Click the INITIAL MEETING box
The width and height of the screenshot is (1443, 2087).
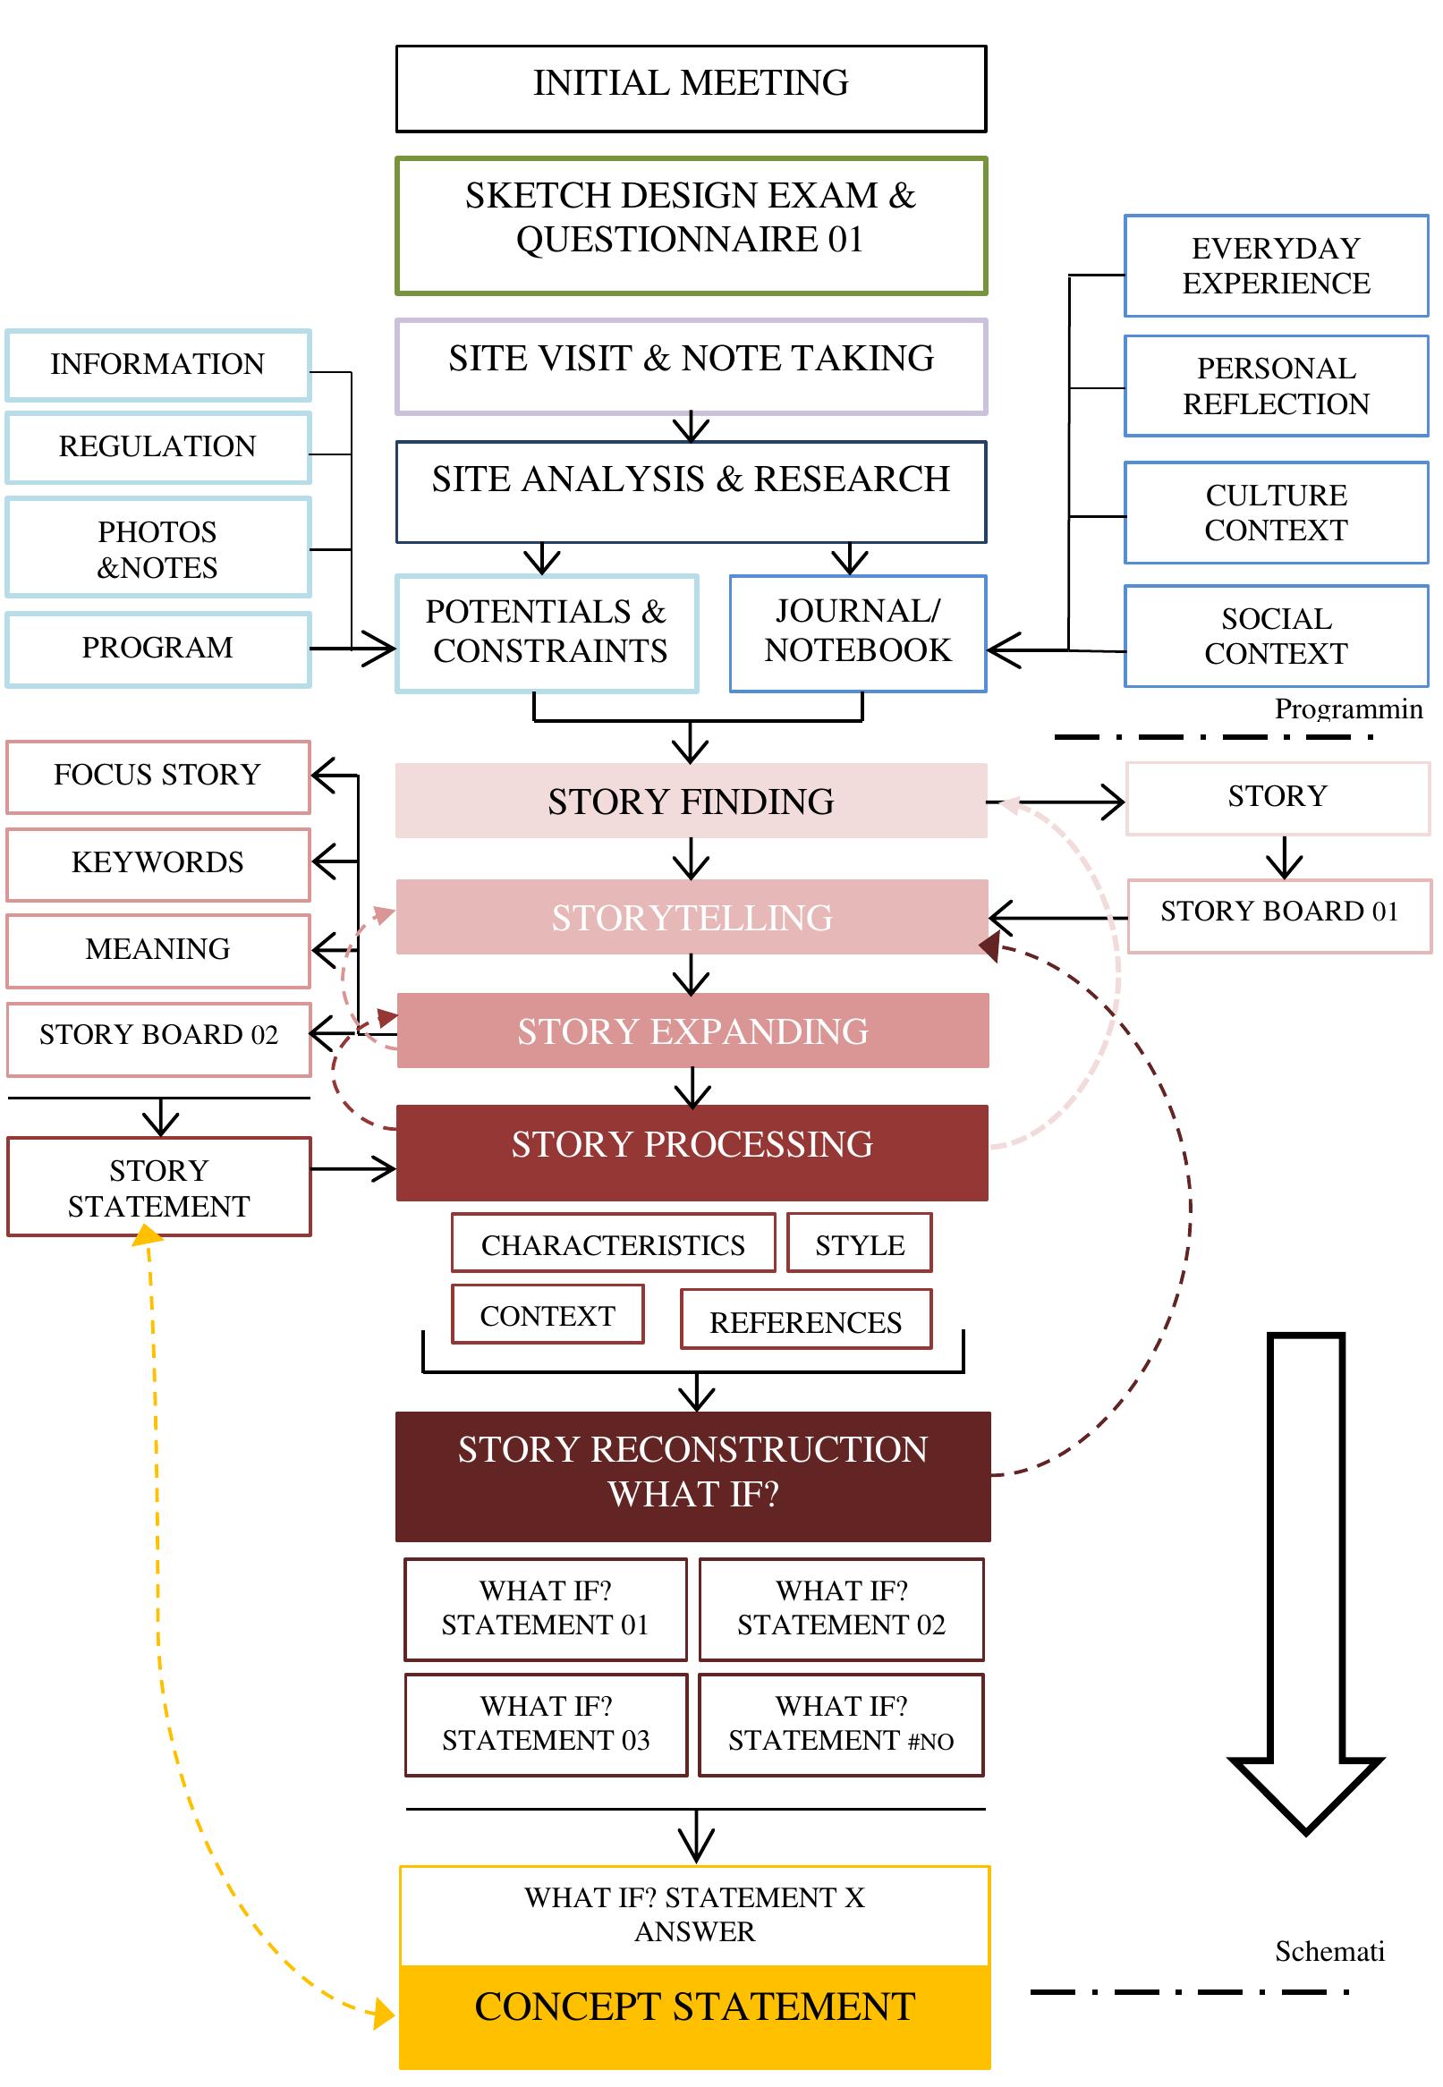click(691, 88)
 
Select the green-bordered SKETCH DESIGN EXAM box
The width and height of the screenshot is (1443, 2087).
click(691, 225)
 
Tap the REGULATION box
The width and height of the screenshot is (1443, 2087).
click(158, 447)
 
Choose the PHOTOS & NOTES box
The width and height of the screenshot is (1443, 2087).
click(158, 547)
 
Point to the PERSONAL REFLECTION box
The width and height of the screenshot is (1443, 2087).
click(1276, 386)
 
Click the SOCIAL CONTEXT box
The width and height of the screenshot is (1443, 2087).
click(1276, 636)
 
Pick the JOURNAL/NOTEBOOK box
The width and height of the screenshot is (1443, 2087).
click(857, 632)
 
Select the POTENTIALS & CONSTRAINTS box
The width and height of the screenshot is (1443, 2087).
click(547, 632)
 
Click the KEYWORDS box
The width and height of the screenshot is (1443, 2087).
click(158, 863)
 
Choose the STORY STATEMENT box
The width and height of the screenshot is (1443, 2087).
click(158, 1187)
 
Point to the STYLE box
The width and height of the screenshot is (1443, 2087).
click(859, 1244)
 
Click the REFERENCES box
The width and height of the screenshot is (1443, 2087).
click(805, 1321)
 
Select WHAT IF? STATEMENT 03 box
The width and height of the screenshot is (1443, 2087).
click(546, 1724)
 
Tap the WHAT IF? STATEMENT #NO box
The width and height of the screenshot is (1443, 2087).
click(841, 1724)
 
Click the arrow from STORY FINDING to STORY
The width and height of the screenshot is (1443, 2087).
click(1057, 802)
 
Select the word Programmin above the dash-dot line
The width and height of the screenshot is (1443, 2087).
click(1347, 708)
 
